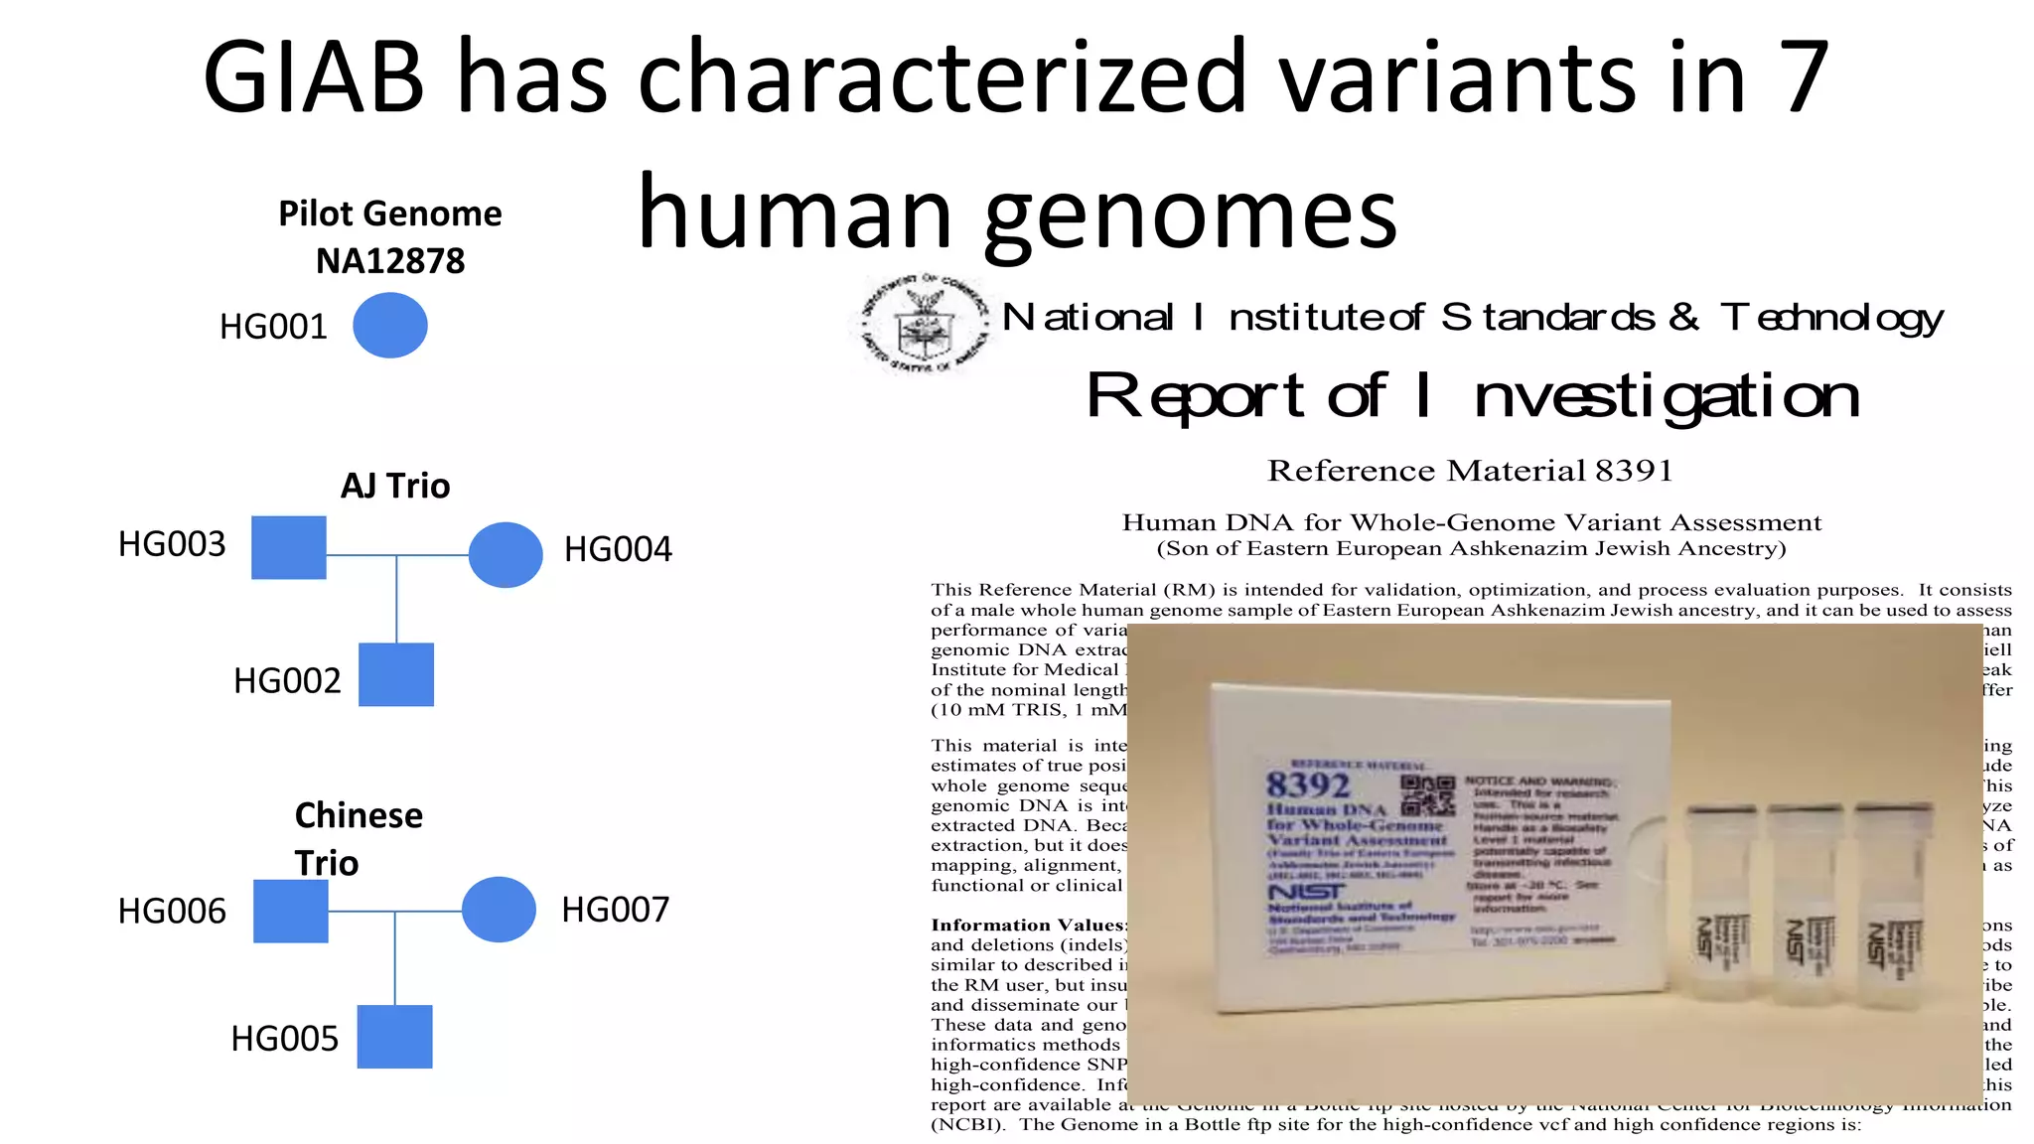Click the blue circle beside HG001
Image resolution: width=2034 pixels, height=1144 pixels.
(390, 325)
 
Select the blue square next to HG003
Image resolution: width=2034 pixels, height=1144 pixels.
(289, 547)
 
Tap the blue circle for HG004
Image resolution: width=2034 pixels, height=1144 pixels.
(506, 554)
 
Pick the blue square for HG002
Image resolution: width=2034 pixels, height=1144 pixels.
(396, 674)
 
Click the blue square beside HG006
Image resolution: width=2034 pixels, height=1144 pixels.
(291, 911)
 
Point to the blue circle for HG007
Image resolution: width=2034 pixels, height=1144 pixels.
(499, 909)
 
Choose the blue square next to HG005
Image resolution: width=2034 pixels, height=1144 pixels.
(394, 1036)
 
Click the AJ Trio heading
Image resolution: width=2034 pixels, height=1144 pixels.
(395, 486)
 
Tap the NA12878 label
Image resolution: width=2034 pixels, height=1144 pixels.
(390, 261)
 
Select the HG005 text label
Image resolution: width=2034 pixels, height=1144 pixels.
(285, 1038)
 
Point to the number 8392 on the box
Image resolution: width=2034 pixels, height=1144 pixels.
(1308, 785)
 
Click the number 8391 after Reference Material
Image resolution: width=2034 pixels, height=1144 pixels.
(1634, 470)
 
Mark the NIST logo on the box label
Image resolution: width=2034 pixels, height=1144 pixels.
(1307, 893)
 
